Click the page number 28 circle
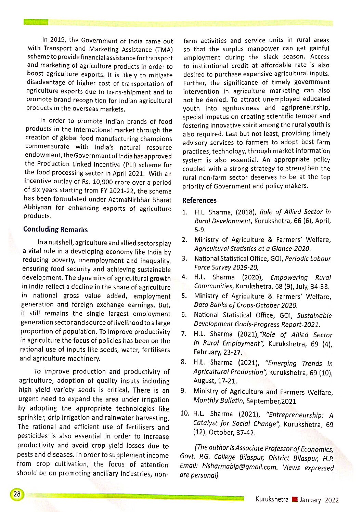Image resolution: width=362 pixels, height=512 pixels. [16, 494]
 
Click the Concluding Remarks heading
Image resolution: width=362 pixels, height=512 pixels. [55, 229]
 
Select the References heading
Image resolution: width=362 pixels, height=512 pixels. [199, 200]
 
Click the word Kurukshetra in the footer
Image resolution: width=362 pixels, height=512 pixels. [272, 499]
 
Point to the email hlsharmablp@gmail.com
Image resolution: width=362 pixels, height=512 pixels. [240, 466]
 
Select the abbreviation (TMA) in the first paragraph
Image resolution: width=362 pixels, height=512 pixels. [164, 50]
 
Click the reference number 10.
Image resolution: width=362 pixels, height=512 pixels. [184, 413]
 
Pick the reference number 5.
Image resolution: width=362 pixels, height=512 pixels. [184, 296]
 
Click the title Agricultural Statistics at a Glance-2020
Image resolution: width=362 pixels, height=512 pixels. [253, 249]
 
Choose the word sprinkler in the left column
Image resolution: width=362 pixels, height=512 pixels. [31, 418]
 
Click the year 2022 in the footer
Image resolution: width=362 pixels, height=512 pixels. [332, 500]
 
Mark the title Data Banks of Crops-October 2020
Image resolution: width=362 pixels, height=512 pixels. [246, 305]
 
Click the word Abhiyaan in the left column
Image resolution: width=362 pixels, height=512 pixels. [37, 207]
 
